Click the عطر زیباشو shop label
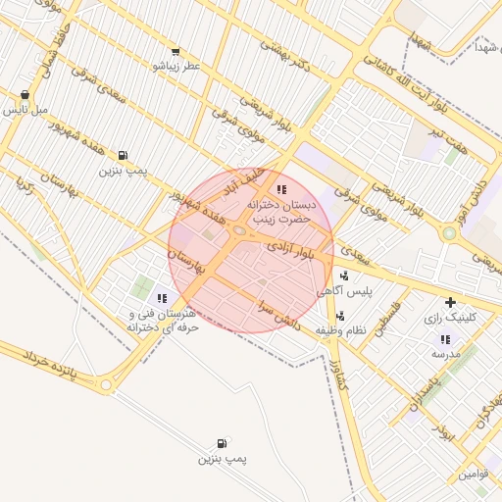(176, 66)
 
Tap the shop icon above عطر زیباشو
(176, 51)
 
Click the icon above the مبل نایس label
(25, 96)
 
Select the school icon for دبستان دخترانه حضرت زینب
(282, 189)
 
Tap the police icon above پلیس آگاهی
(342, 276)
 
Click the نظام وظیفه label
(340, 330)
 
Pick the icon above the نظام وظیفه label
(340, 316)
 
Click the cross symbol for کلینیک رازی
(450, 302)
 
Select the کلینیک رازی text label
(459, 318)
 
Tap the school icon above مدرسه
(445, 339)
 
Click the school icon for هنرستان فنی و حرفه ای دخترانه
(162, 297)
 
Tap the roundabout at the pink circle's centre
(240, 230)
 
